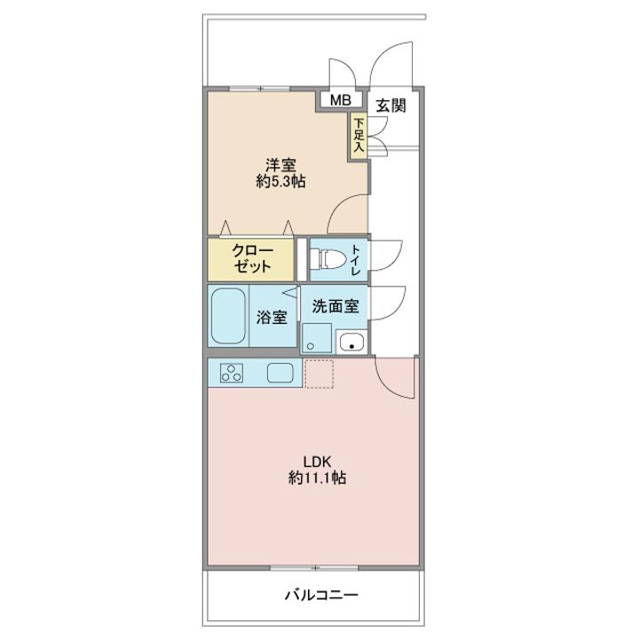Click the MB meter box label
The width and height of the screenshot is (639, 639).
click(x=340, y=99)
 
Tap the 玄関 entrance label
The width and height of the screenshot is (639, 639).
click(x=390, y=106)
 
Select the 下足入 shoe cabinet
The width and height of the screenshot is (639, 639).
click(x=359, y=135)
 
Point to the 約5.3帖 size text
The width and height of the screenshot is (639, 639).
click(x=280, y=181)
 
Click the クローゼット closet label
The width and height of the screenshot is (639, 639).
click(x=252, y=258)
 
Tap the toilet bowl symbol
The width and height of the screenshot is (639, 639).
click(x=327, y=259)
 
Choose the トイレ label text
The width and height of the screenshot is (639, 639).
click(x=356, y=260)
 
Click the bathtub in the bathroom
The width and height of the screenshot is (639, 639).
click(x=228, y=316)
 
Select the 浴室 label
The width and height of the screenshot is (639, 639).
click(x=272, y=318)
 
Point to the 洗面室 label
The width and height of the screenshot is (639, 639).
click(x=335, y=306)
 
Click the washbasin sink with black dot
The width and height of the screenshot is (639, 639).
click(x=351, y=342)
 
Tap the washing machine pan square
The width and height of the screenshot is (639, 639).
click(x=317, y=337)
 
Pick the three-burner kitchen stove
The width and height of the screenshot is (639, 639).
click(x=232, y=373)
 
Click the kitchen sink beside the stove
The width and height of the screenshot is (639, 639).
click(x=280, y=373)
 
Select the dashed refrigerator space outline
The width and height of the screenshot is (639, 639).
click(x=319, y=374)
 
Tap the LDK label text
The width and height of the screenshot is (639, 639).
click(x=317, y=461)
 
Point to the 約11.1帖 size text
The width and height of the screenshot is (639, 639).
click(x=318, y=477)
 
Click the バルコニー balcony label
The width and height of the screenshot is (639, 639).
click(x=321, y=596)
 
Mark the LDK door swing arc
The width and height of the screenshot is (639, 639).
click(x=385, y=386)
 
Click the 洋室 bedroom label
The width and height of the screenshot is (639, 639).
click(x=280, y=165)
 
